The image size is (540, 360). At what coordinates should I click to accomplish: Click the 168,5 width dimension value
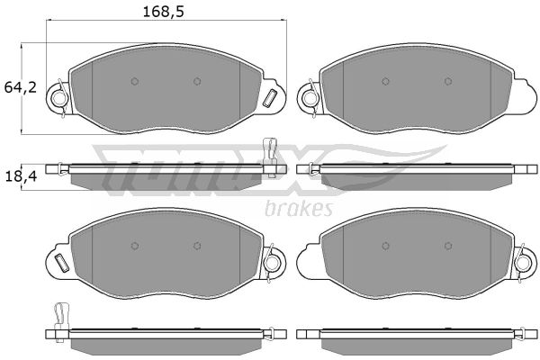[x=163, y=12]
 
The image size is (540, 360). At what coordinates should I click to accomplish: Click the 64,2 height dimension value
[x=21, y=87]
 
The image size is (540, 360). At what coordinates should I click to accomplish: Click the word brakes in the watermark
[x=299, y=208]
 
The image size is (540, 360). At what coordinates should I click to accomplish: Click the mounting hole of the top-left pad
[x=58, y=99]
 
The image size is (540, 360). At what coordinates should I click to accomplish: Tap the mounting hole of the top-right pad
[x=309, y=99]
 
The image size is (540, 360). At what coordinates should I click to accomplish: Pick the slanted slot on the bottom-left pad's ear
[x=62, y=263]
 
